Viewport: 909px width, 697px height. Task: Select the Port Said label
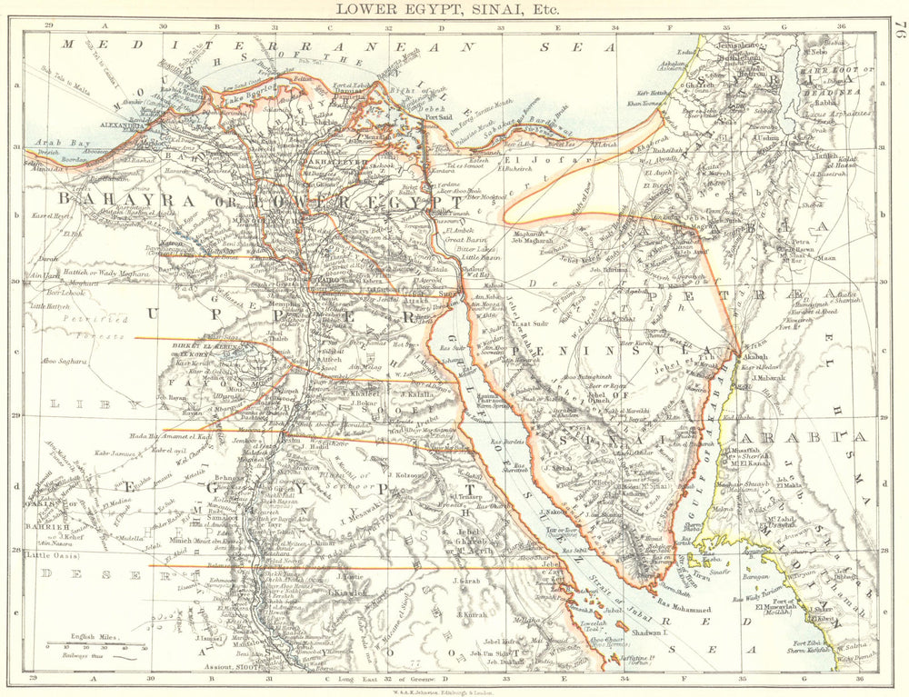(439, 115)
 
